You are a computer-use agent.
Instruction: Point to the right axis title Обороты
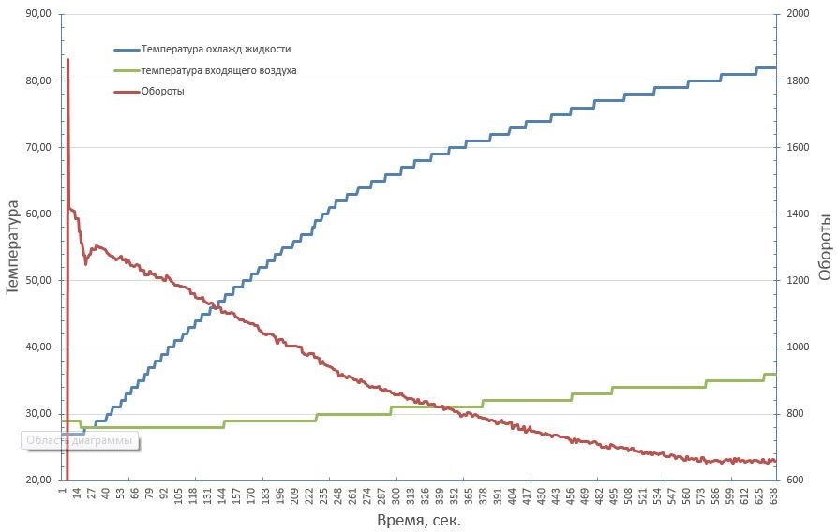825,247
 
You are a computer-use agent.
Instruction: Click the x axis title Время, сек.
419,520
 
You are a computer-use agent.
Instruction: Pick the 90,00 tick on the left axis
38,14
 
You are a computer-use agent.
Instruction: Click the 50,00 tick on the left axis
38,280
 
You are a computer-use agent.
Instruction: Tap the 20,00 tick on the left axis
38,480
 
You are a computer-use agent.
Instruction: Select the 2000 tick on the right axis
796,14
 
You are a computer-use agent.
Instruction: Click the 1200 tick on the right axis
796,280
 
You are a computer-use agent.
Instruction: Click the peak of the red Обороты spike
67,60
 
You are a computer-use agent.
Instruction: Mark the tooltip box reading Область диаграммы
80,440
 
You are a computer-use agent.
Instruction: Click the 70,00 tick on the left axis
38,147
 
